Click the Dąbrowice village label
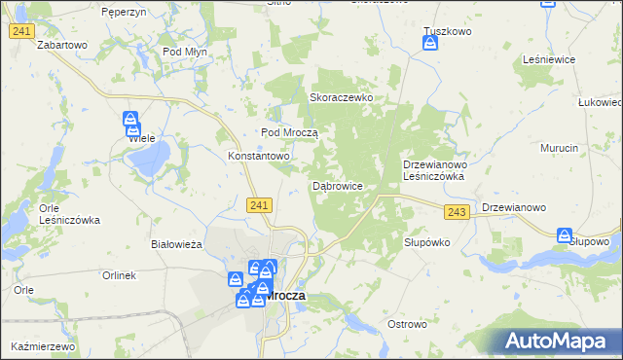pyautogui.click(x=337, y=185)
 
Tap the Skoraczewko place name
pyautogui.click(x=342, y=98)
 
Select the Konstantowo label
pyautogui.click(x=259, y=156)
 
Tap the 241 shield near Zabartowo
pyautogui.click(x=21, y=32)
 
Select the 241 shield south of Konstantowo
pyautogui.click(x=258, y=204)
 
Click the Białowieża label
pyautogui.click(x=176, y=244)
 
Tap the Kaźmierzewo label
pyautogui.click(x=43, y=346)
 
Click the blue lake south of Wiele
pyautogui.click(x=152, y=159)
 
